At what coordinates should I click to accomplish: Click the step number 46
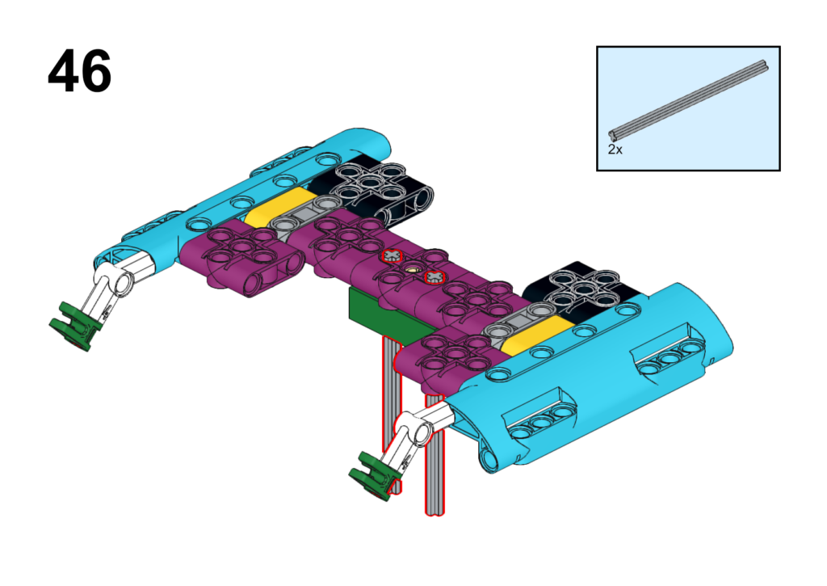click(79, 71)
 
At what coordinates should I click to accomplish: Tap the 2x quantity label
click(615, 150)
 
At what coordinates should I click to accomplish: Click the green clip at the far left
click(74, 325)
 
